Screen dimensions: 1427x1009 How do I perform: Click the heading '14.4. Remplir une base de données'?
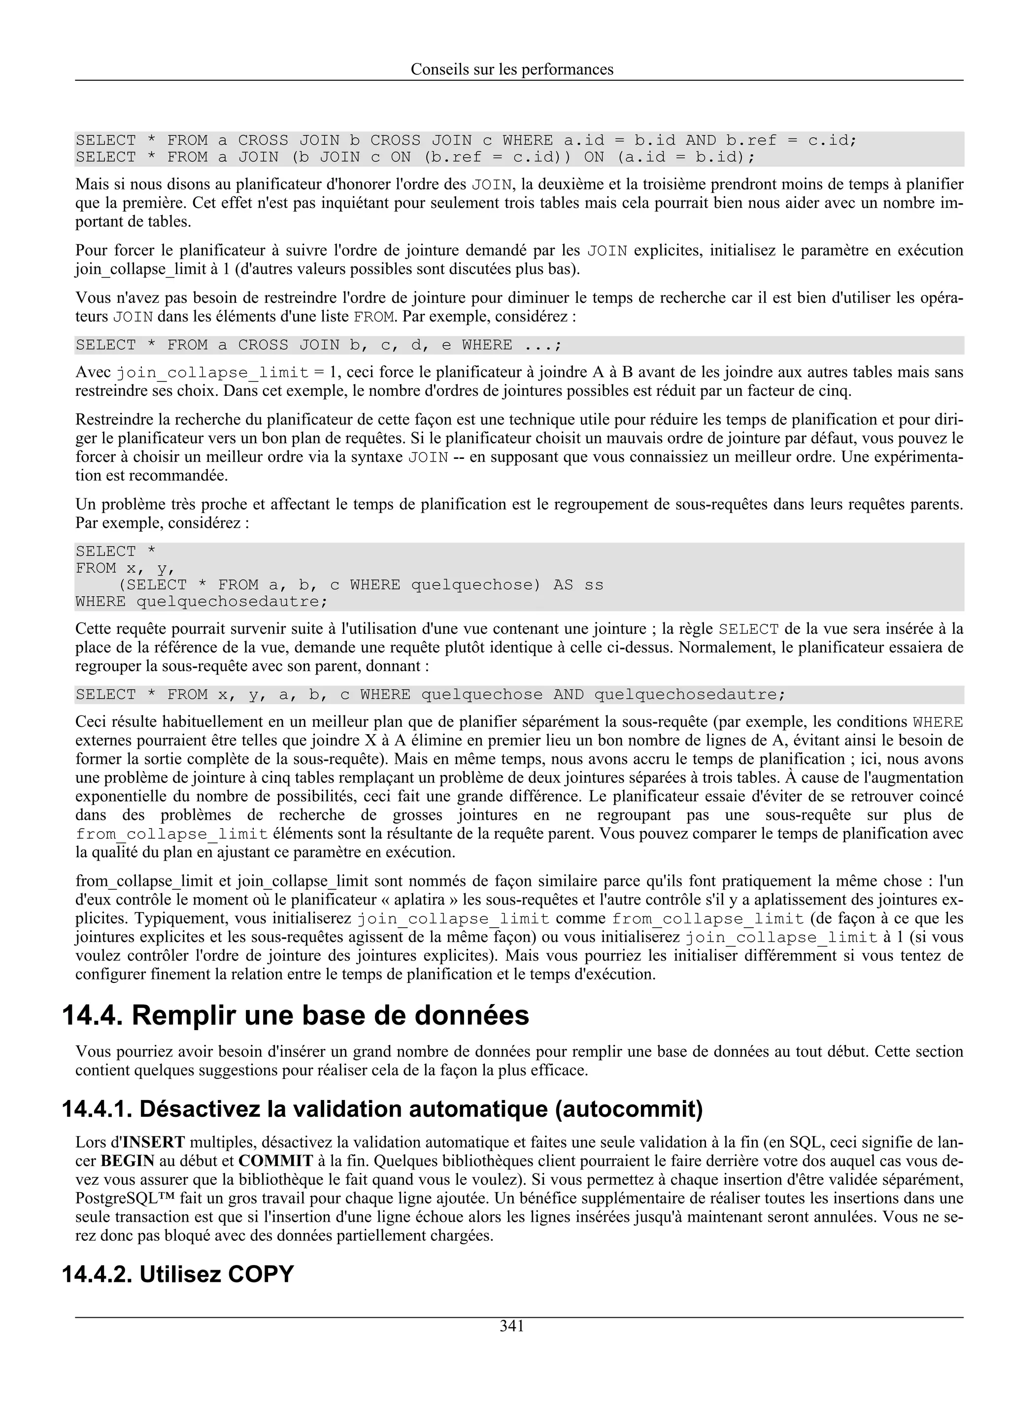point(295,1015)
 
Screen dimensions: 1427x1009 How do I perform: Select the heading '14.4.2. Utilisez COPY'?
point(177,1274)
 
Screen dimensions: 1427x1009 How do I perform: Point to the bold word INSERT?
point(154,1142)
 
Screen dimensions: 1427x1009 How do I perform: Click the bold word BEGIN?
point(128,1161)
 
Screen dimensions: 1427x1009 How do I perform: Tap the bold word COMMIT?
point(275,1161)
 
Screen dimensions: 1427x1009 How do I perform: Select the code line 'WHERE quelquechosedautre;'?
point(201,602)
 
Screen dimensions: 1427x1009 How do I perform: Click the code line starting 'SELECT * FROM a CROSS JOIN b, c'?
point(318,345)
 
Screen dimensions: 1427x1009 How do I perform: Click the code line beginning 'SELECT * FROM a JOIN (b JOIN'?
point(415,157)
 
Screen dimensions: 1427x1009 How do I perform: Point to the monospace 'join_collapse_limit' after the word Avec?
point(213,373)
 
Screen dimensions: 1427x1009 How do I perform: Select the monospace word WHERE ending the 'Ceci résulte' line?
point(938,722)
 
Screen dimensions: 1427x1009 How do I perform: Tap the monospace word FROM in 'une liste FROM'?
point(373,317)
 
